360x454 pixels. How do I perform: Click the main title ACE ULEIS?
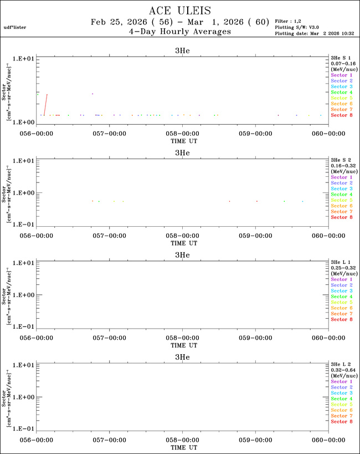click(x=179, y=11)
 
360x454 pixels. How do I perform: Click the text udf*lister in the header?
click(x=14, y=27)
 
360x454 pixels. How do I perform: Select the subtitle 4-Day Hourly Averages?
click(x=179, y=32)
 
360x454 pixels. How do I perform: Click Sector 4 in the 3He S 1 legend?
click(x=342, y=92)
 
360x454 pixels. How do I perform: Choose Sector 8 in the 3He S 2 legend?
click(x=342, y=217)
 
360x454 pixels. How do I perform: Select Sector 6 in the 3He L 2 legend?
click(x=342, y=410)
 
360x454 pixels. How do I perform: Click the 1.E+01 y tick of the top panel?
click(x=24, y=58)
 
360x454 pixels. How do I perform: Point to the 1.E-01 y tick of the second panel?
click(x=24, y=225)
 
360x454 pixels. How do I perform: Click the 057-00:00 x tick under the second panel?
click(x=110, y=236)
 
